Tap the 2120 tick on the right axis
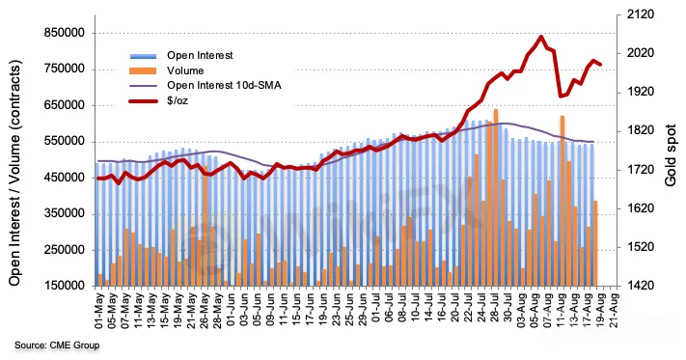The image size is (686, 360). click(639, 14)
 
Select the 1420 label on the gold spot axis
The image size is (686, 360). click(639, 286)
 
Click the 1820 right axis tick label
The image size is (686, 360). click(639, 131)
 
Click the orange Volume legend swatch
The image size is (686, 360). click(143, 70)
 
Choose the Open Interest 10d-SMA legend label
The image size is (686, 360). click(224, 85)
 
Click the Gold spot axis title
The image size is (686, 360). click(672, 151)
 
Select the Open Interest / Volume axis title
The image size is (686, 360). click(14, 173)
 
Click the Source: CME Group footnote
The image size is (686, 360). click(57, 346)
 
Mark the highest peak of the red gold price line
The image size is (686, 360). click(541, 37)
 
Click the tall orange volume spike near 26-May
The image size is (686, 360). click(206, 226)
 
